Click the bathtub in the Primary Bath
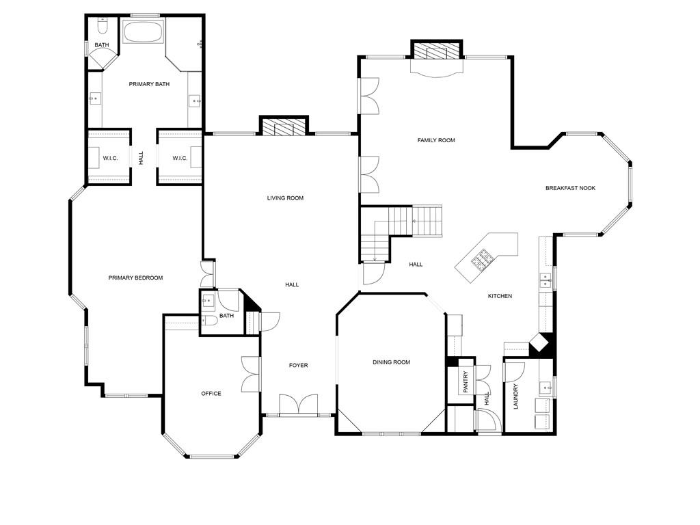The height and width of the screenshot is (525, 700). tap(143, 33)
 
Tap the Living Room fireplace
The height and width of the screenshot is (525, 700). tap(284, 127)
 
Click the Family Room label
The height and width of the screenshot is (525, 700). tap(436, 140)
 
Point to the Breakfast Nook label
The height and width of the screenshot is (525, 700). tap(570, 188)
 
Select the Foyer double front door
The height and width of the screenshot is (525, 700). tap(298, 405)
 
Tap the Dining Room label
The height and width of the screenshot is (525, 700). tap(391, 362)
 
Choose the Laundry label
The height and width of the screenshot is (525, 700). tap(515, 396)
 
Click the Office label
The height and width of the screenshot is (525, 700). tap(211, 394)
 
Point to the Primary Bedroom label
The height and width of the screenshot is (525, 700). tap(135, 278)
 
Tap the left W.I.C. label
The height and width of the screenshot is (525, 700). tap(110, 159)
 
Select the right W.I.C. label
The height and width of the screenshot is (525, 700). tap(180, 159)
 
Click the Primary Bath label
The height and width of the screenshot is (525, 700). tap(149, 84)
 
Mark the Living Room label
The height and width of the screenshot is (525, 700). tap(285, 198)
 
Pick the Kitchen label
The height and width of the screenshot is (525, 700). tap(500, 296)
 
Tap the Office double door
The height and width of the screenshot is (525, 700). tap(252, 374)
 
